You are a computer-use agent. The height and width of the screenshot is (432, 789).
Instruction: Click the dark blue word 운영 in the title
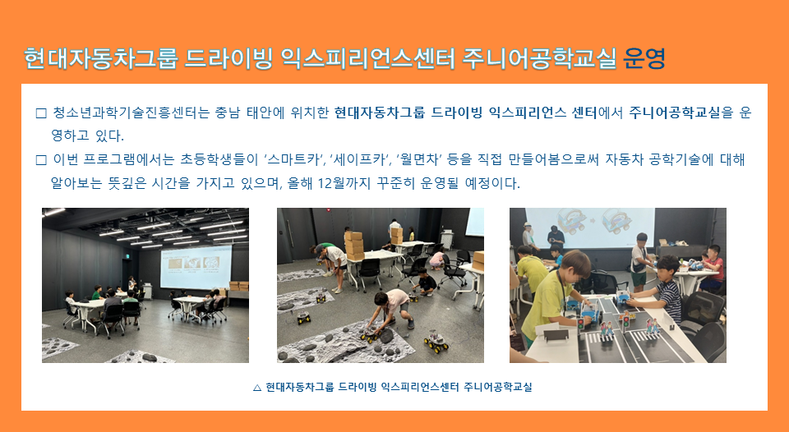(x=644, y=59)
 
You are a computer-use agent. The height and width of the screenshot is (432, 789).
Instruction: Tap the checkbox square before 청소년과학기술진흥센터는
(x=41, y=113)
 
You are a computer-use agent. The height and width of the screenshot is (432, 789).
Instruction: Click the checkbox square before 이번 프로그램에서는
(x=41, y=160)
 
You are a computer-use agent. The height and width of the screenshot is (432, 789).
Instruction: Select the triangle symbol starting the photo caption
(x=257, y=388)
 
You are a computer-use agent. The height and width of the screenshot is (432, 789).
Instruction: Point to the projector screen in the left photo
(x=196, y=267)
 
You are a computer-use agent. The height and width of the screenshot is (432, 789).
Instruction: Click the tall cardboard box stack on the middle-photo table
(x=354, y=246)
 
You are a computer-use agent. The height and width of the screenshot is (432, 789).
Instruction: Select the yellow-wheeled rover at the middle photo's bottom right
(x=436, y=342)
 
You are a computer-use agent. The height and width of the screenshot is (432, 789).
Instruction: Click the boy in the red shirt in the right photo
(x=712, y=268)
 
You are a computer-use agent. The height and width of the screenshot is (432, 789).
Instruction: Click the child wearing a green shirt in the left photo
(x=98, y=292)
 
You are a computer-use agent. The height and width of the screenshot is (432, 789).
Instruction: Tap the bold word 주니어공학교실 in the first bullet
(x=675, y=113)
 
